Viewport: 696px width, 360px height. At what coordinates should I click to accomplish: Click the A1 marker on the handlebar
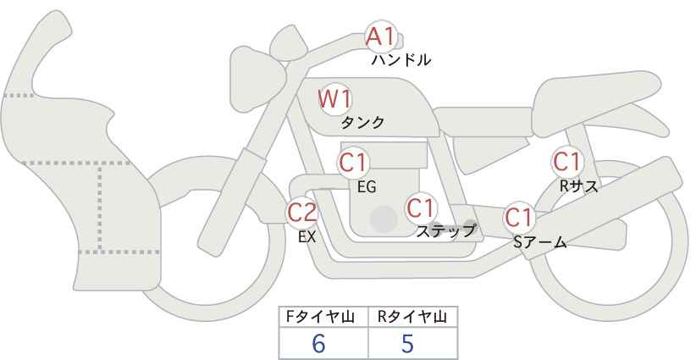pos(380,36)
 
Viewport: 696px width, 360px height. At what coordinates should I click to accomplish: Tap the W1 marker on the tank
pos(334,99)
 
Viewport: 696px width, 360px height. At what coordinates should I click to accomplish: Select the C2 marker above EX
pos(301,213)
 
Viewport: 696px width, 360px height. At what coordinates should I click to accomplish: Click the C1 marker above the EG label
pos(353,163)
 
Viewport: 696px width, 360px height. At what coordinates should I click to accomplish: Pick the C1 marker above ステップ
pos(421,208)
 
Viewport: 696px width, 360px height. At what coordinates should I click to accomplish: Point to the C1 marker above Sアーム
pos(518,218)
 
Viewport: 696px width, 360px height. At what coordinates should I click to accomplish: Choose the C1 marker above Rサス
pos(566,162)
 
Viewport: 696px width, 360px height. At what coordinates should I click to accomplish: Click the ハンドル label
pos(401,60)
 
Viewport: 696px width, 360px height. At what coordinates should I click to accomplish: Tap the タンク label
pos(362,123)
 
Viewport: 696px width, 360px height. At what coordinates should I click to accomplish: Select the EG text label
pos(367,187)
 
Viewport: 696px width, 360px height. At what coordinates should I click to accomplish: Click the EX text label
pos(307,237)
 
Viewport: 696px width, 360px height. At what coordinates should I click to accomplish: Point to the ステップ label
pos(445,231)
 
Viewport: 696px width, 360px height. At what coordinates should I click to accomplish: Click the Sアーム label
pos(540,242)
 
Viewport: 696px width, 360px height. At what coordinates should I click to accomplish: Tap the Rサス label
pos(579,186)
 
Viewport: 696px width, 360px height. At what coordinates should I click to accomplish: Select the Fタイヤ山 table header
pos(320,317)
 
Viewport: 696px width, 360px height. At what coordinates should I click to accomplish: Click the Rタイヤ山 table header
pos(412,317)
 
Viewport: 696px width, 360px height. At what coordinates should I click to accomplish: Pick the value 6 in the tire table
pos(318,343)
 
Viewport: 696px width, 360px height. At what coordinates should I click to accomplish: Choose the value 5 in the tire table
pos(407,343)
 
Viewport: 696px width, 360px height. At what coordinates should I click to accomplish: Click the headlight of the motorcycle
pos(257,79)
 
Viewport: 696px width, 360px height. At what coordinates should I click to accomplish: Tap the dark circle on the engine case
pos(384,219)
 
